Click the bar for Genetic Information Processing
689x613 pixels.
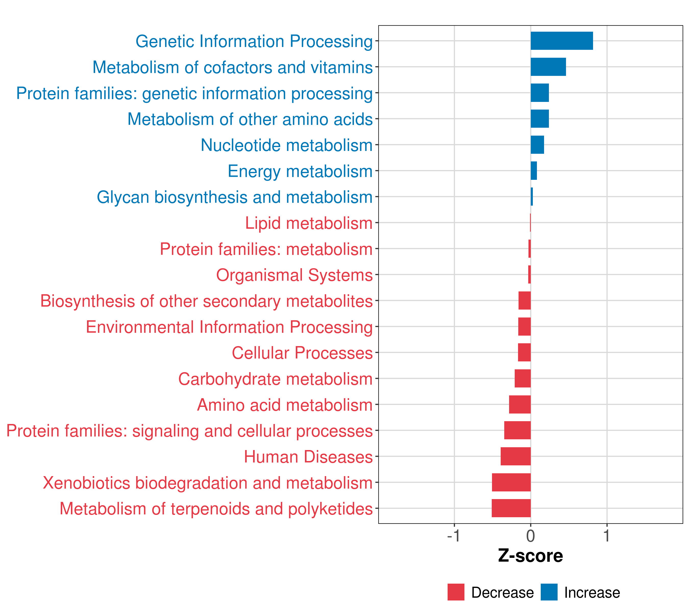tap(562, 41)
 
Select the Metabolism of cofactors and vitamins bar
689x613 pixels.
tap(548, 67)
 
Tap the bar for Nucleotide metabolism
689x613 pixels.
tap(537, 145)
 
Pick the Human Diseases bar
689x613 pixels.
tap(516, 456)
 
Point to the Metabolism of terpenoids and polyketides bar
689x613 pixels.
tap(511, 508)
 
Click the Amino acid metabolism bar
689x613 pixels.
tap(520, 404)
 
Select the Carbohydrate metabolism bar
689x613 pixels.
tap(523, 378)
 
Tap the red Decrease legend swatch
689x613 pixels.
tap(456, 592)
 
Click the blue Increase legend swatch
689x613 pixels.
tap(549, 592)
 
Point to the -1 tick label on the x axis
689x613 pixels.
tap(454, 536)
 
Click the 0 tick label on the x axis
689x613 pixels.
tap(531, 536)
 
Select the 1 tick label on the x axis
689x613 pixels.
tap(607, 536)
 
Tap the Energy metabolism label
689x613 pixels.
tap(300, 171)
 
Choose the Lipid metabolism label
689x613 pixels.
tap(309, 223)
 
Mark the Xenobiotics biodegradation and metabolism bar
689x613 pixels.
tap(511, 482)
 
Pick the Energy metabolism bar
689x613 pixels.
tap(534, 171)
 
